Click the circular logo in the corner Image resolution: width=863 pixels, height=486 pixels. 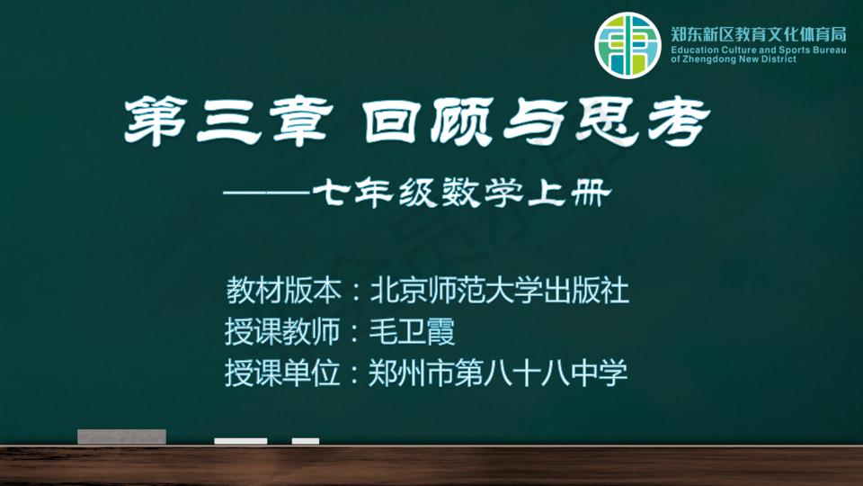click(627, 46)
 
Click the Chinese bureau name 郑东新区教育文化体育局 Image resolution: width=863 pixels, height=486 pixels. click(759, 35)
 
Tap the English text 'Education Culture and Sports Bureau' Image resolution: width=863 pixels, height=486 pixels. click(759, 50)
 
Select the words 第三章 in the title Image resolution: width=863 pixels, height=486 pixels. click(228, 121)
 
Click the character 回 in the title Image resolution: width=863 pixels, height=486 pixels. click(391, 121)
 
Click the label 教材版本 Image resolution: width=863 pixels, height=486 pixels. click(283, 291)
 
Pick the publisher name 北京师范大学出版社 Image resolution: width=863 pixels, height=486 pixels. click(499, 291)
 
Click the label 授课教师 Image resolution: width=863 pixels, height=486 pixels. click(282, 332)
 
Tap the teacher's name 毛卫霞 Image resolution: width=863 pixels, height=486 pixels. click(413, 332)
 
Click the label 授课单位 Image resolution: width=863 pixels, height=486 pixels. click(282, 373)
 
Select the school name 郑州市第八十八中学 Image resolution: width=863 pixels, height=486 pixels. click(498, 373)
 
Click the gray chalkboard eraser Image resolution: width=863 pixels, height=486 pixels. click(121, 436)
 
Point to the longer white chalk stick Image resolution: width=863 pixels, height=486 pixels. click(241, 441)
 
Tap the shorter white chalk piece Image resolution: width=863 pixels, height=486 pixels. click(306, 441)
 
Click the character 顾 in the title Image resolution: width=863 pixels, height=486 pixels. click(461, 121)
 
